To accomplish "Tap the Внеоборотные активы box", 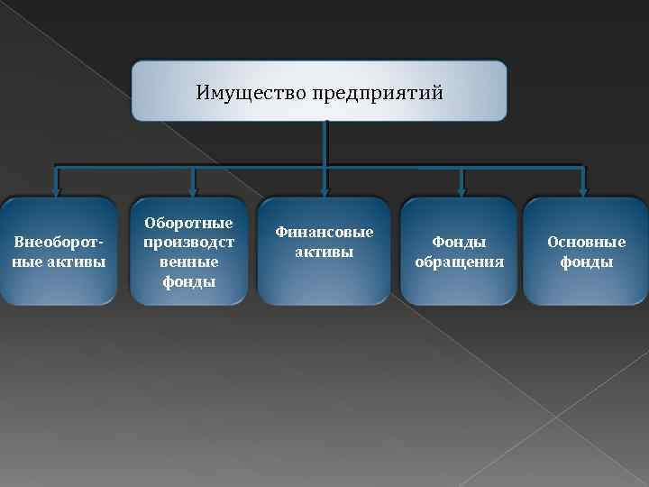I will click(x=59, y=252).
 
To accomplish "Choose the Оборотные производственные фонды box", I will click(x=188, y=252).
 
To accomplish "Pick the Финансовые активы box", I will click(x=324, y=250).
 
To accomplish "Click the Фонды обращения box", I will click(x=459, y=252).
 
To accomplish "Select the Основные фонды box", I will click(x=586, y=252).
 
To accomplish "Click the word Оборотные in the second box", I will click(x=188, y=223).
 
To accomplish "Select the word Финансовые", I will click(x=324, y=232).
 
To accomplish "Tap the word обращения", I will click(x=459, y=262).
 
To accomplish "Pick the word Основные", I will click(x=586, y=243).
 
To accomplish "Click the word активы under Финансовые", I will click(x=324, y=252).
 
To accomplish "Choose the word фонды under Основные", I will click(x=586, y=262).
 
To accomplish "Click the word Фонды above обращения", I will click(x=459, y=243).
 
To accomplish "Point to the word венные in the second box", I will click(x=188, y=262).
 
